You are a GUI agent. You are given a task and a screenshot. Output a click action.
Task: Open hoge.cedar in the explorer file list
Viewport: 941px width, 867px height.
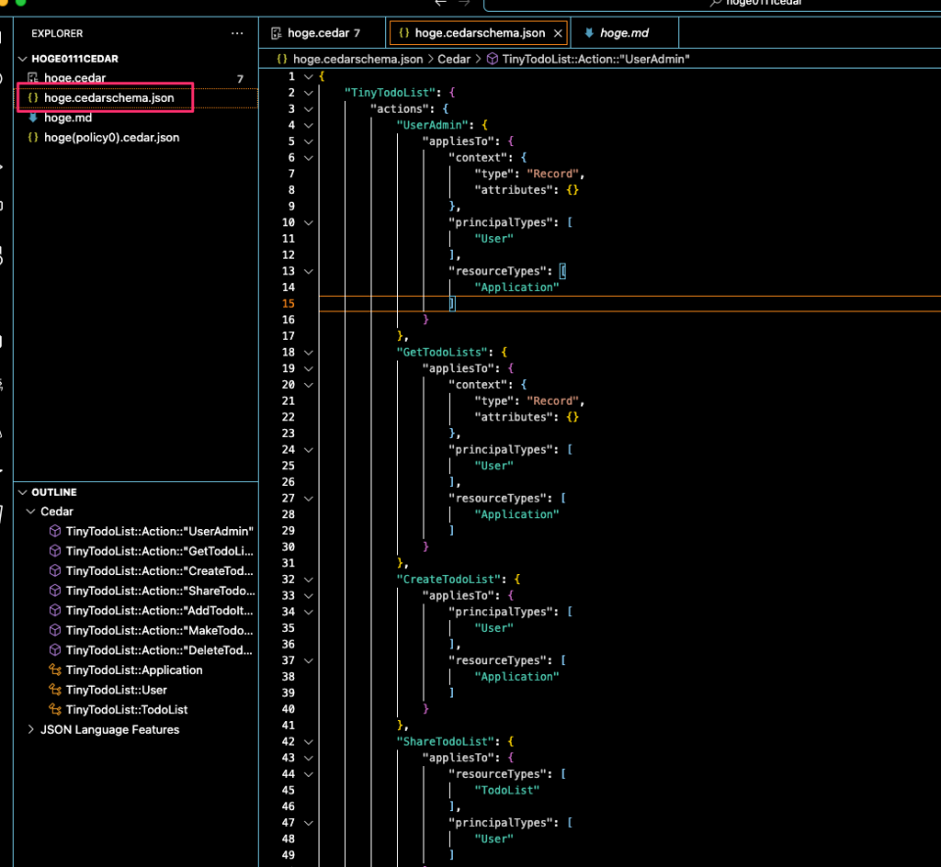[74, 77]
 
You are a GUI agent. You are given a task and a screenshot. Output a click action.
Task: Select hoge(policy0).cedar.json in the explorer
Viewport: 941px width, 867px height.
[111, 137]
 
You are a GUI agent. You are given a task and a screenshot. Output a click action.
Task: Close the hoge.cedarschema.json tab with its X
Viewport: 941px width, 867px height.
[559, 33]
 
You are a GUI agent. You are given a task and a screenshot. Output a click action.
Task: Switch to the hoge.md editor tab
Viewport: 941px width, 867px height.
[624, 33]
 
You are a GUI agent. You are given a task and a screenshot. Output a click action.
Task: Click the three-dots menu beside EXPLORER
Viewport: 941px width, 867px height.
[237, 33]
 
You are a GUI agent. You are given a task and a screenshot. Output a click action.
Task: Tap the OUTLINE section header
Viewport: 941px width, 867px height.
[54, 492]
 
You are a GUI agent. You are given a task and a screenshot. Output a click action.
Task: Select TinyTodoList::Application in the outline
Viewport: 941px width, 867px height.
[133, 670]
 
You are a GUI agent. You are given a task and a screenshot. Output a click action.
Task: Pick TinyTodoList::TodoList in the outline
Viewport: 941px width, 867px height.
[126, 709]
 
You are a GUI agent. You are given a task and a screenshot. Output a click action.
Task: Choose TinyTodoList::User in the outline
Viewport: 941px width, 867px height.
[116, 690]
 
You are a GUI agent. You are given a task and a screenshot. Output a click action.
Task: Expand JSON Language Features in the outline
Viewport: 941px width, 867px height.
[109, 729]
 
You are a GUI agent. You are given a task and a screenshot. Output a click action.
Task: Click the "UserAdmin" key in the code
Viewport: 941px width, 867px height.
[434, 125]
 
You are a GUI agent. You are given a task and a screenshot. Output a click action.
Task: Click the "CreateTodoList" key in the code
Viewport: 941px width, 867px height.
[449, 580]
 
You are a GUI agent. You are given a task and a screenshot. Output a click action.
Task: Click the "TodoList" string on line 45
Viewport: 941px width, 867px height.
[507, 790]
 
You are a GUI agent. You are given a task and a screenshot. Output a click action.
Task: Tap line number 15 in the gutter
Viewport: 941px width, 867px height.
[288, 304]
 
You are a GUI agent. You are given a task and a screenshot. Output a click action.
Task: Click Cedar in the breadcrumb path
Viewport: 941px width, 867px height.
[454, 59]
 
